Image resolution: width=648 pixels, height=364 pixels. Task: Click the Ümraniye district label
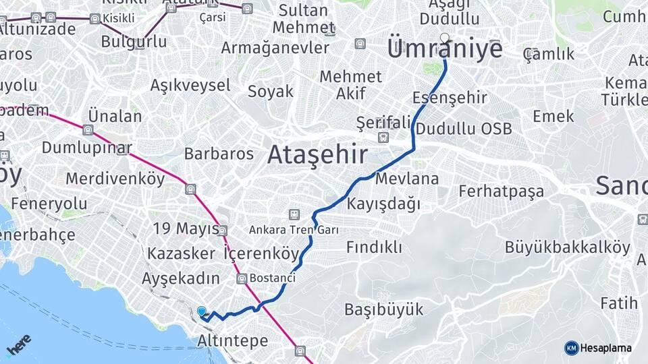tap(445, 50)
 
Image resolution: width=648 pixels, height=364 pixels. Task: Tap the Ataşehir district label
tap(317, 155)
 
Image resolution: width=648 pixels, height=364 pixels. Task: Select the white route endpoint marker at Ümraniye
tap(444, 38)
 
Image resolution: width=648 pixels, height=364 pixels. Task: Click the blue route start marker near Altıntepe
tap(202, 311)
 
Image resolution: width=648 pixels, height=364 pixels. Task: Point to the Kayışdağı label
tap(383, 203)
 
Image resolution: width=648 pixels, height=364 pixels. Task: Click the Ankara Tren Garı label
tap(294, 230)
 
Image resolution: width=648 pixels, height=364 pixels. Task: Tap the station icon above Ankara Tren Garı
tap(294, 214)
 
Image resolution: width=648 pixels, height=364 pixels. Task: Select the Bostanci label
tap(272, 278)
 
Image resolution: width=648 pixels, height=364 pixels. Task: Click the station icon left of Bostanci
tap(241, 278)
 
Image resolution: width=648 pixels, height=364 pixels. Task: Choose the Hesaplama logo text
tap(605, 348)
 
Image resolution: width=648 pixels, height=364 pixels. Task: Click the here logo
tap(19, 344)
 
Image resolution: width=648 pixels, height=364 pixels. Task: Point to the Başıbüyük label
tap(383, 309)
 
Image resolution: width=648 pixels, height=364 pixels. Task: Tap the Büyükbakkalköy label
tap(567, 247)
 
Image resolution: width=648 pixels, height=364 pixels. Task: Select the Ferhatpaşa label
tap(501, 191)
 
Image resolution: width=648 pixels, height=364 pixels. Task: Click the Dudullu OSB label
tap(464, 129)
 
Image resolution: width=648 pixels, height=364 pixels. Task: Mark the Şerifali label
tap(383, 122)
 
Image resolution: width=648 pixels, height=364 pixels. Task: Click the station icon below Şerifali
tap(383, 137)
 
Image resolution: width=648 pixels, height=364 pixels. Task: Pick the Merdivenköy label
tap(115, 179)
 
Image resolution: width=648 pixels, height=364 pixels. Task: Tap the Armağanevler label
tap(275, 48)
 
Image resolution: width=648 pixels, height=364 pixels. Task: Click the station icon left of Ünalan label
tap(88, 130)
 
